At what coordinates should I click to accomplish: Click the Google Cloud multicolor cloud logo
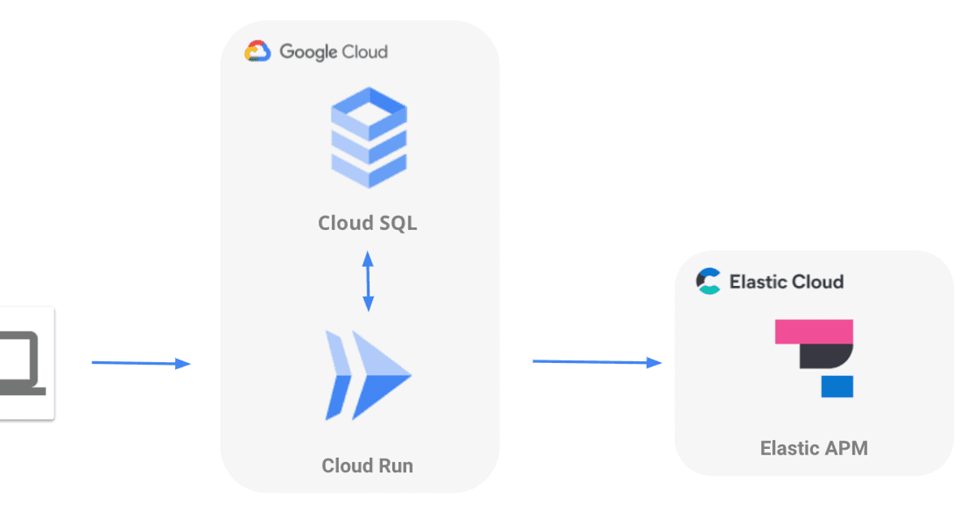(257, 52)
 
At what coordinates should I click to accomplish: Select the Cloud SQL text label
(368, 223)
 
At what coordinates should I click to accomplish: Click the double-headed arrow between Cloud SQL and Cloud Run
(368, 281)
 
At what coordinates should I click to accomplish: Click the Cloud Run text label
(367, 466)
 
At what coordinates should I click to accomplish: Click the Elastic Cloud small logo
(708, 281)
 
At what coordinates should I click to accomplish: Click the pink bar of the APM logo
(814, 331)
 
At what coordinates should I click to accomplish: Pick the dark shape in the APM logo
(824, 356)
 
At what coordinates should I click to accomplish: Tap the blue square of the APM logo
(837, 386)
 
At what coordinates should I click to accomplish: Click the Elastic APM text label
(814, 448)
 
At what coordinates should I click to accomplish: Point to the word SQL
(391, 223)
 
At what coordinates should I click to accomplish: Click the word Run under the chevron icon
(395, 466)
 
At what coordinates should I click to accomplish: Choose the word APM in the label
(845, 448)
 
